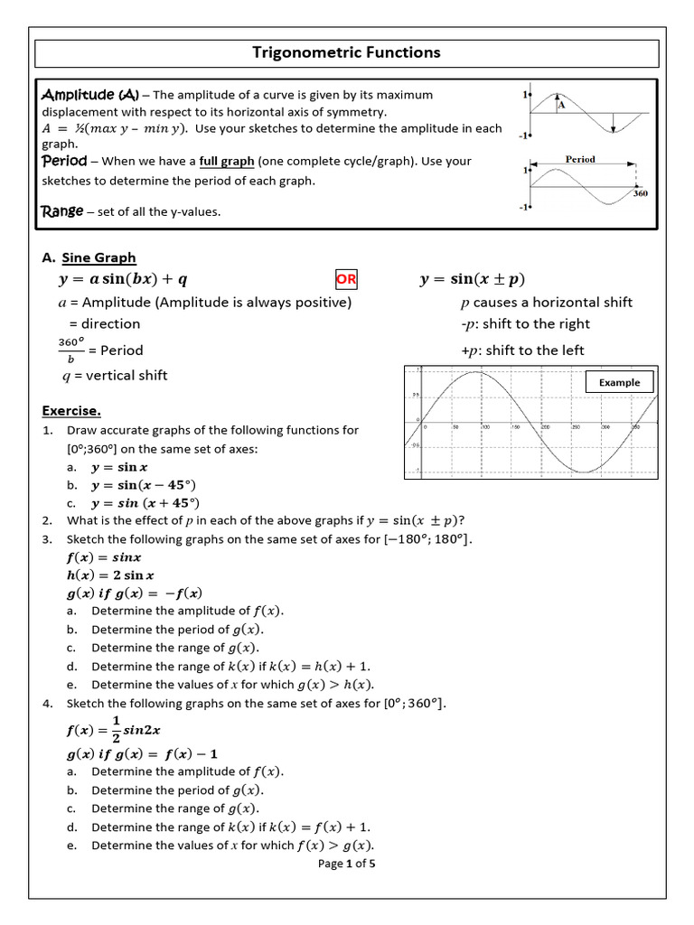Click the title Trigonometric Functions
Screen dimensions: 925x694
(347, 52)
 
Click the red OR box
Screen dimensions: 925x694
(346, 279)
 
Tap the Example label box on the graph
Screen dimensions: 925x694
(619, 382)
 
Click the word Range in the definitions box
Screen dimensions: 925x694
(62, 211)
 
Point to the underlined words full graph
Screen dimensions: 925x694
(227, 162)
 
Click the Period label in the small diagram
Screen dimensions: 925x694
(580, 159)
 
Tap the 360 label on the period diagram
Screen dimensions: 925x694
(640, 193)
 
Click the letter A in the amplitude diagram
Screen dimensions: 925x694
(561, 105)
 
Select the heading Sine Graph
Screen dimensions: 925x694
(98, 257)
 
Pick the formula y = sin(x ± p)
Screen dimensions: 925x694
(473, 279)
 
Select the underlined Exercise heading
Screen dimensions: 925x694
(71, 411)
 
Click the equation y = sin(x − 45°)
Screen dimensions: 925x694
(144, 485)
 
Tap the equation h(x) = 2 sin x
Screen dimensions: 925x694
(110, 575)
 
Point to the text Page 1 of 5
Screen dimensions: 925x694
(347, 864)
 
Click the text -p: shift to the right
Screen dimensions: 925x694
(524, 324)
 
